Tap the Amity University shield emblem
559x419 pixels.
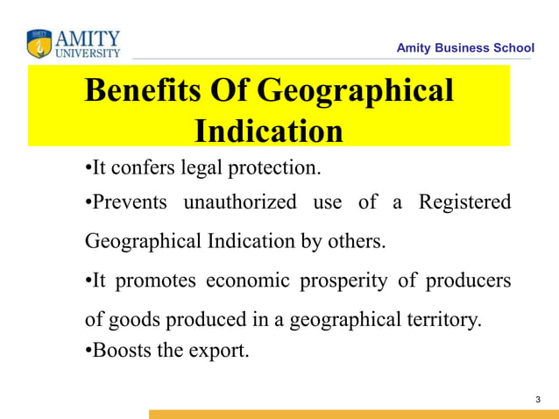click(x=39, y=44)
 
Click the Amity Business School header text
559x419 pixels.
click(x=464, y=47)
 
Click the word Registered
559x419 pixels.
click(x=464, y=202)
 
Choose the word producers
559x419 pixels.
click(x=468, y=281)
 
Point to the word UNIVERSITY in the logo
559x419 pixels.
click(x=88, y=53)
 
